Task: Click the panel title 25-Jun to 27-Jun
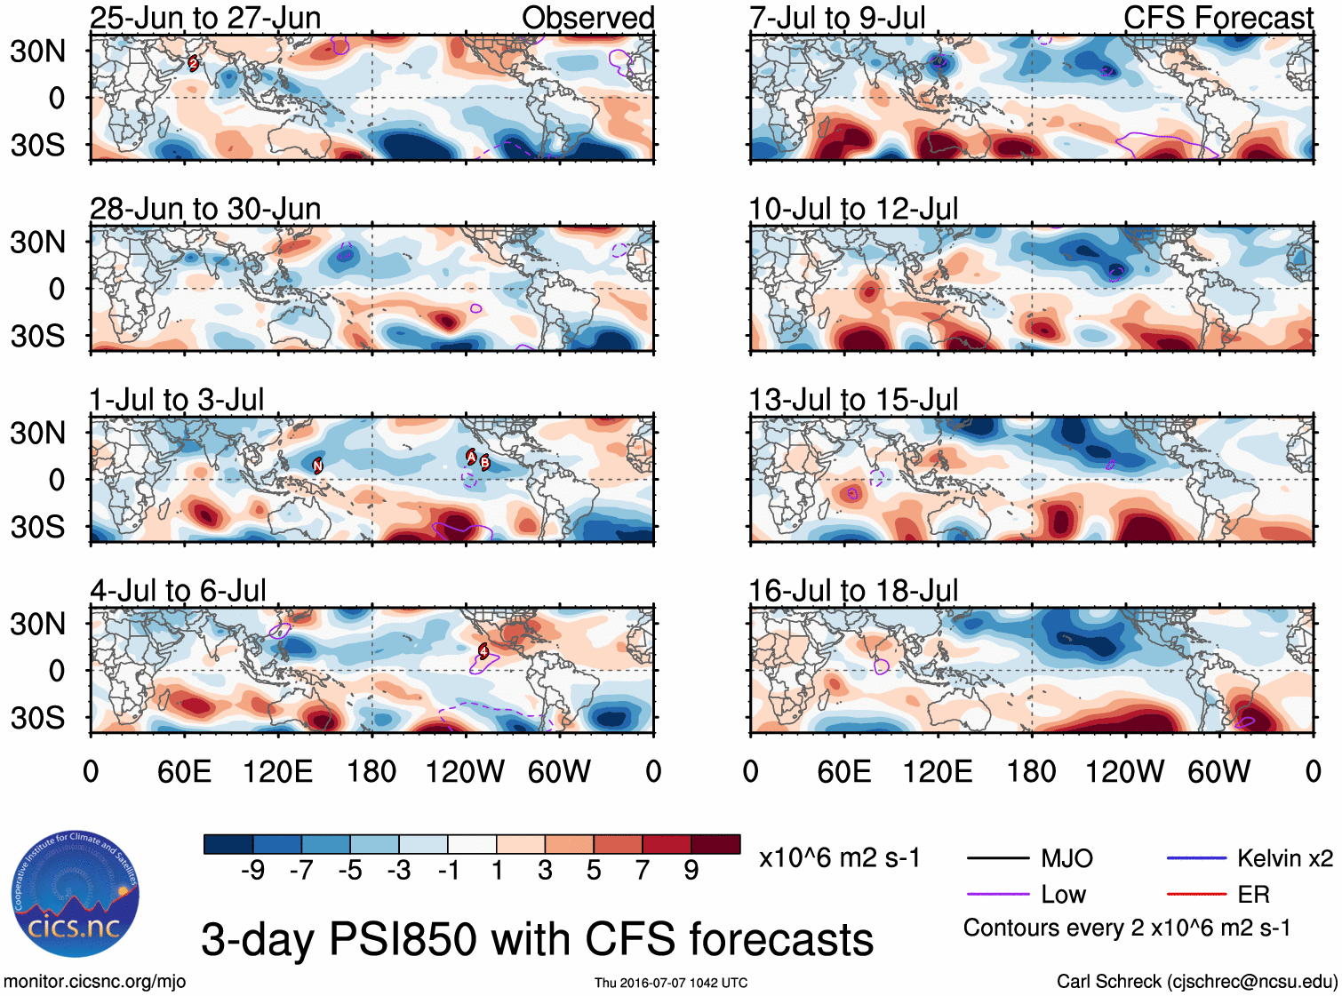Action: pos(205,18)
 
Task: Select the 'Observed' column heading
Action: pos(587,18)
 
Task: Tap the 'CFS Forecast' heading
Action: pos(1218,18)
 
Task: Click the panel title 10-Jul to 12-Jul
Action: pos(853,210)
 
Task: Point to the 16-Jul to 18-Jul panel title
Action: pos(853,591)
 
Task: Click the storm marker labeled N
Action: pos(317,465)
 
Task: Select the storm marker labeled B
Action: pos(485,462)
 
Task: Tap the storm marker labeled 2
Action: pos(193,63)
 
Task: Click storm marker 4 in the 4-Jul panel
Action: pos(483,651)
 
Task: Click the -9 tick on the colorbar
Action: pos(252,871)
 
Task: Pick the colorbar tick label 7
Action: pos(643,871)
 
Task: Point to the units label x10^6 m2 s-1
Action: pos(839,858)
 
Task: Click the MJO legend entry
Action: pos(1066,858)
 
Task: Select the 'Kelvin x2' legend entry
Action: pos(1284,858)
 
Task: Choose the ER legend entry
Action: pos(1253,895)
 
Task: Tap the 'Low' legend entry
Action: pos(1063,895)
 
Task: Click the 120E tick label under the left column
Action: pos(278,771)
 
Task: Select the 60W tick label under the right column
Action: pos(1218,771)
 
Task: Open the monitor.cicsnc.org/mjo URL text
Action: pos(94,982)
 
